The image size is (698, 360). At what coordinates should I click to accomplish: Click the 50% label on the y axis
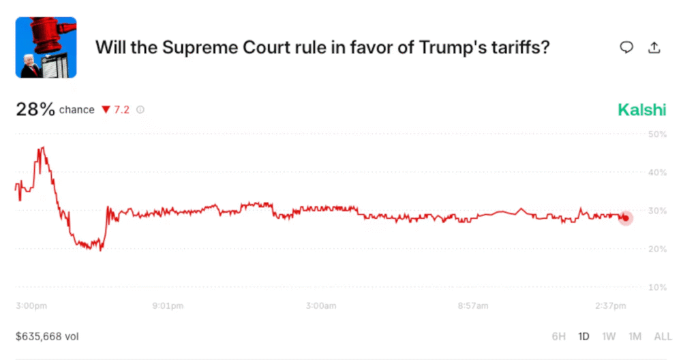tap(658, 134)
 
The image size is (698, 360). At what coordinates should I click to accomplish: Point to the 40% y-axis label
tap(658, 172)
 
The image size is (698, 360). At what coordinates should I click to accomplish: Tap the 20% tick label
tap(658, 249)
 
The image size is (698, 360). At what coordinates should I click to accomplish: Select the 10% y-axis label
tap(658, 287)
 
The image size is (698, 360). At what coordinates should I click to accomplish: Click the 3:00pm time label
tap(31, 306)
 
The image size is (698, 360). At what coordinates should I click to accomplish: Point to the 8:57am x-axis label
tap(472, 306)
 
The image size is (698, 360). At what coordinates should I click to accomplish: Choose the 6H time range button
tap(559, 336)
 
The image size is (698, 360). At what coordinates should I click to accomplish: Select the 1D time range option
tap(583, 336)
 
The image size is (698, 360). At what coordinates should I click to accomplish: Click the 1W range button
tap(609, 336)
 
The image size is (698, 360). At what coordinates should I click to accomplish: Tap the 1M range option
tap(635, 336)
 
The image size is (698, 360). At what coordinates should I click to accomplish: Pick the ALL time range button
tap(663, 336)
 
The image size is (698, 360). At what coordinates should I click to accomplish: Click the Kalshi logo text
tap(641, 110)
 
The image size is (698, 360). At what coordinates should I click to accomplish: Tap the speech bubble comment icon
tap(626, 47)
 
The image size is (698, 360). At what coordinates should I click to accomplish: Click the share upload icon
tap(654, 47)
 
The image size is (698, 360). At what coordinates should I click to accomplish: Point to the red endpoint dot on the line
tap(626, 218)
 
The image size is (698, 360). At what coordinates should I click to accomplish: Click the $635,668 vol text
tap(48, 336)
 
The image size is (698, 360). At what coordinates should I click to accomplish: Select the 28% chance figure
tap(35, 109)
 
